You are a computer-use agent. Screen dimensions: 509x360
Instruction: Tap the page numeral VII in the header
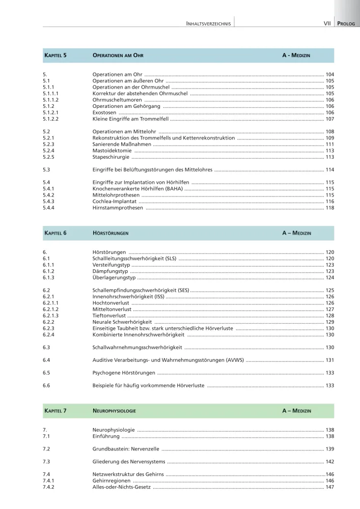click(x=327, y=23)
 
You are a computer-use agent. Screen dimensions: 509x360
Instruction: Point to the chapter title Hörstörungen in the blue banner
click(x=110, y=233)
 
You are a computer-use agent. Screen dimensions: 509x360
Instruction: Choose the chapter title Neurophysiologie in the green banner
click(x=114, y=411)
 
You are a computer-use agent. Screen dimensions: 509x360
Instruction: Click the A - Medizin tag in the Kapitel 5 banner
click(x=296, y=55)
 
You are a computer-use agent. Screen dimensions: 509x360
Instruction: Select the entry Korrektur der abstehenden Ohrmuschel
click(x=140, y=94)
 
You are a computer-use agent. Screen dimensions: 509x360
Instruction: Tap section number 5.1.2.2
click(x=51, y=119)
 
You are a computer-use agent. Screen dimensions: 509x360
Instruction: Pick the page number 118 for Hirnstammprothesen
click(x=329, y=208)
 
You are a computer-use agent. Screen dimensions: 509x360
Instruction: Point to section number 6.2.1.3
click(x=51, y=316)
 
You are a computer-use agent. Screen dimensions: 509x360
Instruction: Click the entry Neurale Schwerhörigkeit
click(x=122, y=322)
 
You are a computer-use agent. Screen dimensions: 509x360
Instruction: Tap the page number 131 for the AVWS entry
click(x=329, y=360)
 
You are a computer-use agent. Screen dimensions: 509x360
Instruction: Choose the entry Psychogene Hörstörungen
click(x=124, y=373)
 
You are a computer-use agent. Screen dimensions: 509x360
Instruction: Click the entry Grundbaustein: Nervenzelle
click(x=126, y=449)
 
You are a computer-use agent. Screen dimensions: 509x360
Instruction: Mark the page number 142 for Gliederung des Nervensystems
click(x=329, y=462)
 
